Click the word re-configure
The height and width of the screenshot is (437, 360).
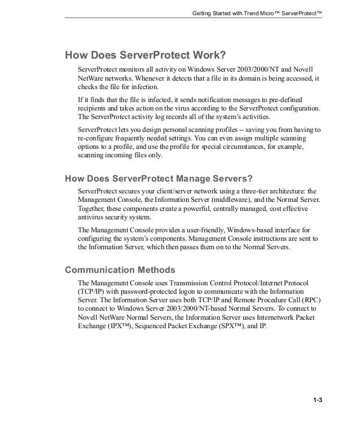(97, 138)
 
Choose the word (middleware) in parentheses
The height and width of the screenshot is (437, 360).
(224, 200)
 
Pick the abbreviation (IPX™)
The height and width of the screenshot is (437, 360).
(118, 327)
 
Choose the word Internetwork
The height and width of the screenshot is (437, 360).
(272, 318)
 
